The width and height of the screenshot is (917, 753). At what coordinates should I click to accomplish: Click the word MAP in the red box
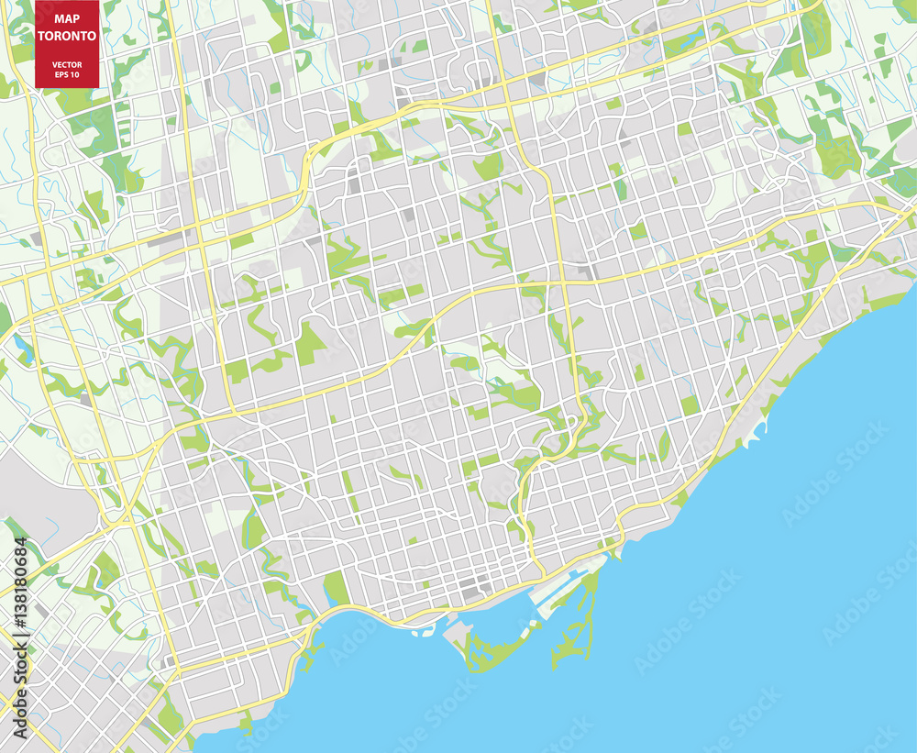[x=67, y=17]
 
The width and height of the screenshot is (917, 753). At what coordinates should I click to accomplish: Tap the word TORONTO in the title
[x=67, y=36]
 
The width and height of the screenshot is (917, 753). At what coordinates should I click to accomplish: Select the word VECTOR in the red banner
[x=67, y=63]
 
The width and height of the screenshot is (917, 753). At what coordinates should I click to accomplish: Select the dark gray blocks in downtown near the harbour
[x=472, y=587]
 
